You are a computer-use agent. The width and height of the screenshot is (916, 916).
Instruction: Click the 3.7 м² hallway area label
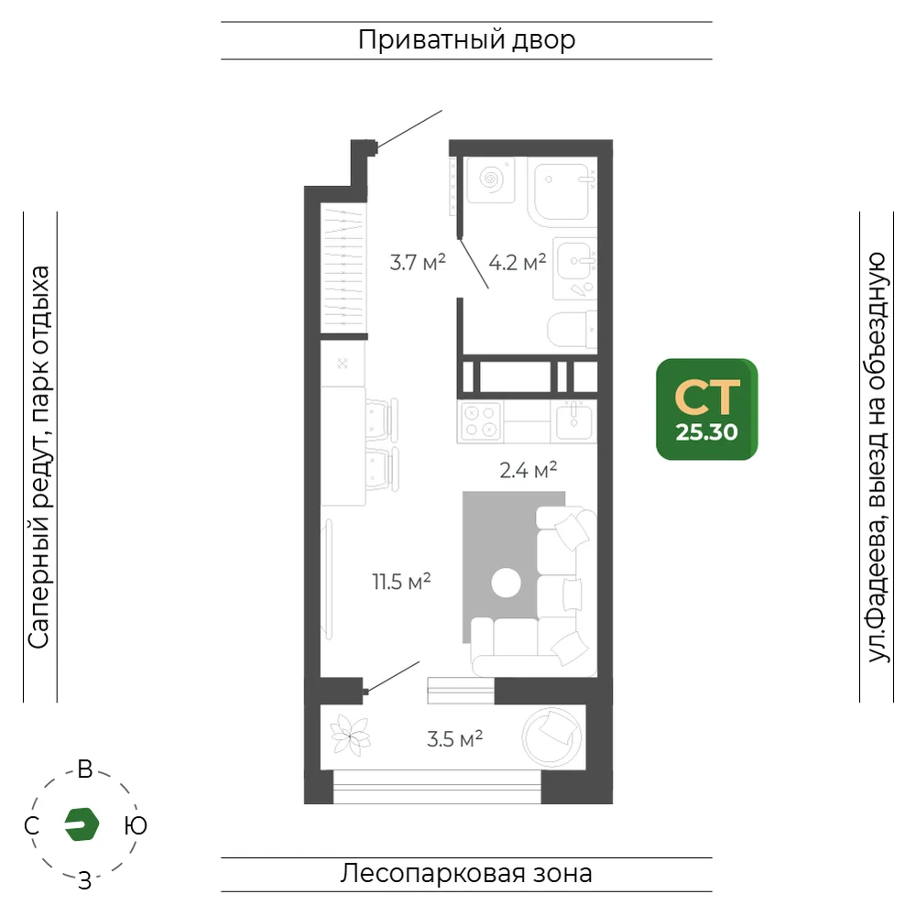coord(418,262)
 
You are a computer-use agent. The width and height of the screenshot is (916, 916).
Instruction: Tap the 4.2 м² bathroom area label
coord(517,262)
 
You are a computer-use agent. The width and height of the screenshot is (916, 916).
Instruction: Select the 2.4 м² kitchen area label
coord(529,470)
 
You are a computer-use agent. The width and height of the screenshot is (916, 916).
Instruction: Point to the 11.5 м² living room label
coord(401,582)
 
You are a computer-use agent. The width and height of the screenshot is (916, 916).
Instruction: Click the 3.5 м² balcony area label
coord(454,739)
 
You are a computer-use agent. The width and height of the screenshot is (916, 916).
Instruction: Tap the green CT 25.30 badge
coord(707,409)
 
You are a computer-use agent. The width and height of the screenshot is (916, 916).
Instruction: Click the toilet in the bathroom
coord(572,330)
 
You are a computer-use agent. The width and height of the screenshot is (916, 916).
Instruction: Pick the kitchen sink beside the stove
coord(573,421)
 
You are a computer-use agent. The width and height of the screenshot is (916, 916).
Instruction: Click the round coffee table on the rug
coord(506,583)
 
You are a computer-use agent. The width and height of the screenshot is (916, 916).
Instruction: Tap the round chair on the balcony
coord(551,737)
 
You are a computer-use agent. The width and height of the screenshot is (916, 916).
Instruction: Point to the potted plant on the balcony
coord(350,736)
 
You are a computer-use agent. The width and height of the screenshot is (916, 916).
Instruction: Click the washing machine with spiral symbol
coord(491,180)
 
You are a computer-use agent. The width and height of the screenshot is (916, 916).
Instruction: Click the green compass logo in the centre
coord(82,824)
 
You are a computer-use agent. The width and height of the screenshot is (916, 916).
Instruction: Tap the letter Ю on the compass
coord(136,825)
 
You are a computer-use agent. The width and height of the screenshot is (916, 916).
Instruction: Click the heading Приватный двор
coord(467,39)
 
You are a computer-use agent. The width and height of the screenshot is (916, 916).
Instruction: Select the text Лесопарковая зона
coord(466,873)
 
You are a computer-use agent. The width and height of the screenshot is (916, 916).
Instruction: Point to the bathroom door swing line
coord(474,263)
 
